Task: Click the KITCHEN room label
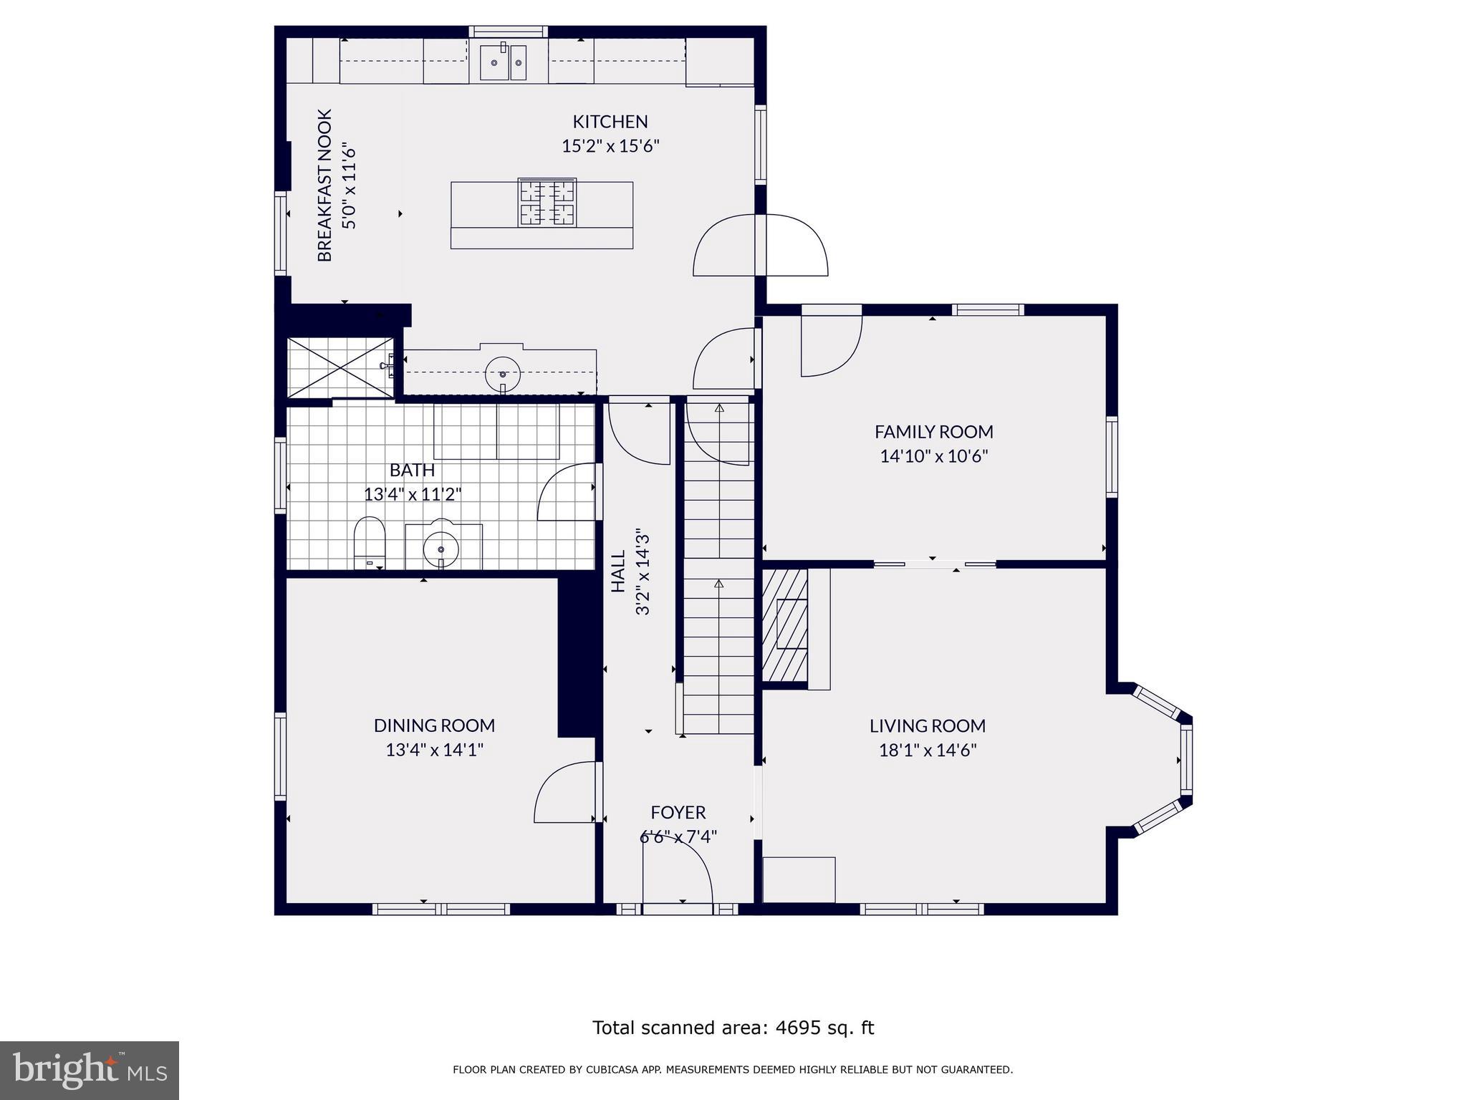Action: click(610, 122)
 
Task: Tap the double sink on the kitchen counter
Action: click(503, 63)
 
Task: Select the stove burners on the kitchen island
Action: click(547, 203)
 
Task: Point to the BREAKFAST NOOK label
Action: click(325, 185)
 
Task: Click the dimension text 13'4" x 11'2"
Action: click(413, 494)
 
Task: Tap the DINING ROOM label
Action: click(434, 725)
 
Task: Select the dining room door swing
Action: click(564, 793)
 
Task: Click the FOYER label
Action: click(678, 812)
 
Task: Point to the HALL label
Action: click(618, 571)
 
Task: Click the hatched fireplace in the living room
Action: click(784, 625)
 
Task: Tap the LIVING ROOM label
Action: click(927, 725)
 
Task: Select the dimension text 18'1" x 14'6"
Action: click(927, 751)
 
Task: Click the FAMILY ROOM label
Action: click(933, 432)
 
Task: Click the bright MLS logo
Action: click(90, 1070)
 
